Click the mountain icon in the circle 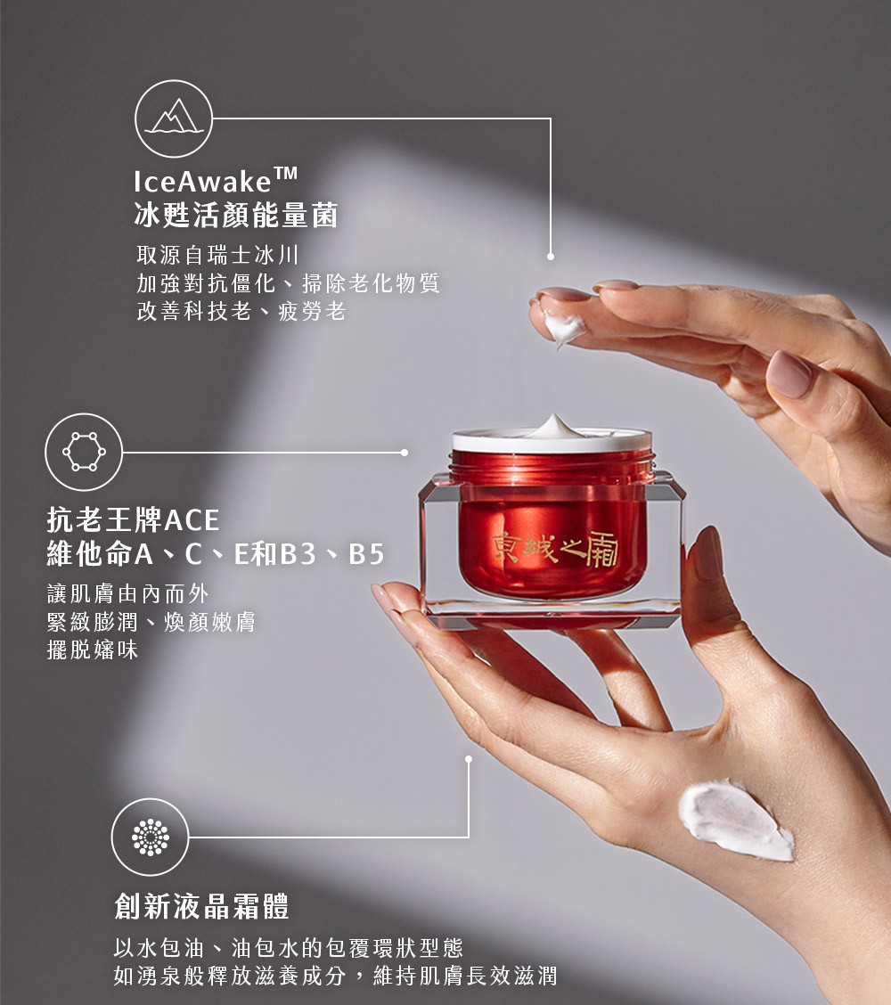[174, 118]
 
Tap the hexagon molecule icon [84, 452]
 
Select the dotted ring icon [150, 837]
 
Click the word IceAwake [202, 182]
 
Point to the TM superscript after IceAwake [286, 173]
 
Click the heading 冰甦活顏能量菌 [236, 215]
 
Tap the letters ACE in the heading [192, 519]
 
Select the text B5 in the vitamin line [366, 554]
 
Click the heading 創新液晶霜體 [202, 906]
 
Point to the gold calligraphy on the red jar [555, 549]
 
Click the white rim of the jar [552, 442]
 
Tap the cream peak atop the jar [554, 426]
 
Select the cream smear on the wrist [736, 820]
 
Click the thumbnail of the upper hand [789, 373]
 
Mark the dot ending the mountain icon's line [551, 257]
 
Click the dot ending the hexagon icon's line [405, 453]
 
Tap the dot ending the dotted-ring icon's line [469, 759]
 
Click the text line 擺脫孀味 [93, 650]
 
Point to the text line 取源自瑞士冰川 [218, 255]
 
